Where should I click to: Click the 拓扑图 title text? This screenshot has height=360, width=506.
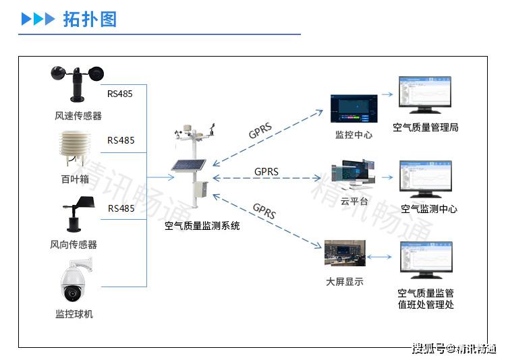[x=90, y=19]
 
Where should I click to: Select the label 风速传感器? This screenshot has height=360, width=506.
[x=78, y=116]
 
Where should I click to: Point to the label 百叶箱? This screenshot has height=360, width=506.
[x=75, y=179]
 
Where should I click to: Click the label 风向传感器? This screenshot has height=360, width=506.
[x=74, y=244]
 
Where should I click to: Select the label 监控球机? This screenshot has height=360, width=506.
[x=74, y=314]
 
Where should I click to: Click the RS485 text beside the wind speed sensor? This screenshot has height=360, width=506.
[x=120, y=94]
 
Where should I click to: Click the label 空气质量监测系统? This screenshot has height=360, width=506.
[x=202, y=227]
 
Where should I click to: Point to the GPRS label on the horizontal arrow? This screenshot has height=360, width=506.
[x=266, y=172]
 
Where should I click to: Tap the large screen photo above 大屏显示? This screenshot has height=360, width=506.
[x=345, y=253]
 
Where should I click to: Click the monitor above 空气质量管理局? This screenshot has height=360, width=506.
[x=424, y=96]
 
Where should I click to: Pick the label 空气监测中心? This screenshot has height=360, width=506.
[x=429, y=209]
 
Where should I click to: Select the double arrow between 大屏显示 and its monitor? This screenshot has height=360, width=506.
[x=381, y=257]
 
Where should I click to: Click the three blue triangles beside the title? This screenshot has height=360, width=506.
[x=38, y=19]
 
